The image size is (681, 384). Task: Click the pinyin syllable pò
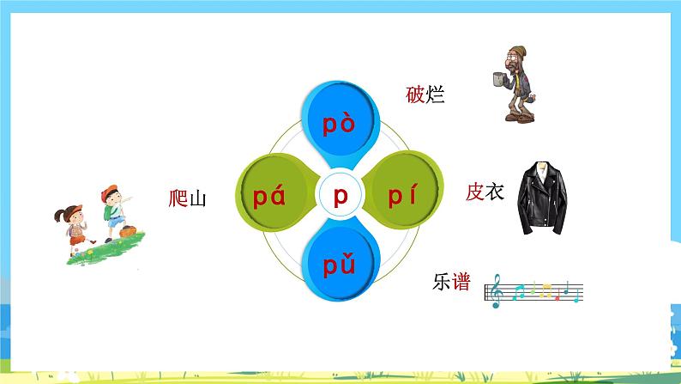click(340, 125)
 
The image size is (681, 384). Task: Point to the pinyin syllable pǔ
click(340, 268)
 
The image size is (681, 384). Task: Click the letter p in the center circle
click(340, 198)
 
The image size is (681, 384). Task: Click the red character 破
click(415, 94)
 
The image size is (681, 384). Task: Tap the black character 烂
click(436, 94)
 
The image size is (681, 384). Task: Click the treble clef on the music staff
click(496, 292)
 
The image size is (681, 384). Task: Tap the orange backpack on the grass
click(128, 230)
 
